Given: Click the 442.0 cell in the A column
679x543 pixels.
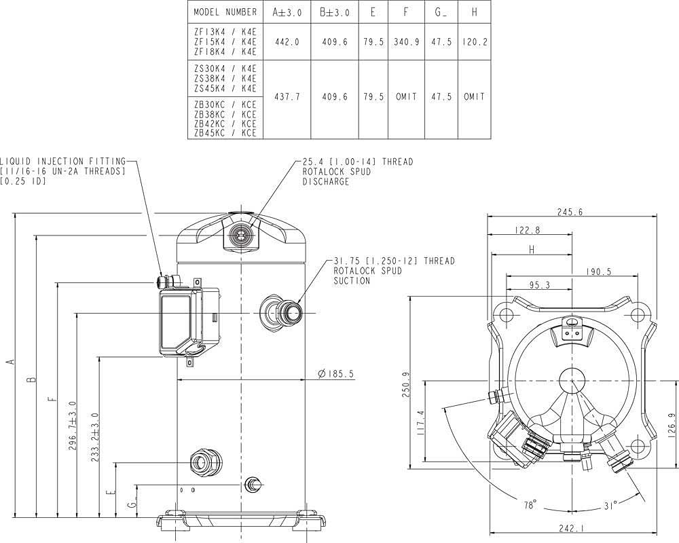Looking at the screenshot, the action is coord(287,43).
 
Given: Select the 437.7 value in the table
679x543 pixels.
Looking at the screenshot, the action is coord(287,97).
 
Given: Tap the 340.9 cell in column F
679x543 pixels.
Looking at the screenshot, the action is coord(406,43).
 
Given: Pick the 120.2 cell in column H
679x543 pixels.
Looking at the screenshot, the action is coord(475,43).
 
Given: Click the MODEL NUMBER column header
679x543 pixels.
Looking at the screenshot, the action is coord(225,12).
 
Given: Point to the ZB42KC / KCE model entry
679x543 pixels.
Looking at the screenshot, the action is coord(225,124).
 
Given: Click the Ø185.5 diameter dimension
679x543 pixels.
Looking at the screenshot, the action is coord(335,374).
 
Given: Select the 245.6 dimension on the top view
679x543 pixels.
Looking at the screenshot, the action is coord(570,212).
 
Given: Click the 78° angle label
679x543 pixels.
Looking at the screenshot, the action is coord(530,505).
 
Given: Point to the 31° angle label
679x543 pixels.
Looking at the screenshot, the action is coord(610,506).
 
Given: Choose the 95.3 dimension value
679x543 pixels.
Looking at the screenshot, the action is coord(539,285).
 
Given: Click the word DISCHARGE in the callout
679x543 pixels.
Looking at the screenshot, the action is coord(326,181).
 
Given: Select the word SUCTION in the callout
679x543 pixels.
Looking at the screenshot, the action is coord(352,280).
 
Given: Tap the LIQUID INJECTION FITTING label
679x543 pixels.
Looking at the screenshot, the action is coord(62,162).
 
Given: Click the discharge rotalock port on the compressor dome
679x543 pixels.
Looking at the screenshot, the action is coord(238,235).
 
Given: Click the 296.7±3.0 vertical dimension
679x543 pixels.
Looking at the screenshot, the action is coord(73,426).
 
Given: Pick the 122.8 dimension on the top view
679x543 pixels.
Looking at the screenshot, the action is coord(528,230).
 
